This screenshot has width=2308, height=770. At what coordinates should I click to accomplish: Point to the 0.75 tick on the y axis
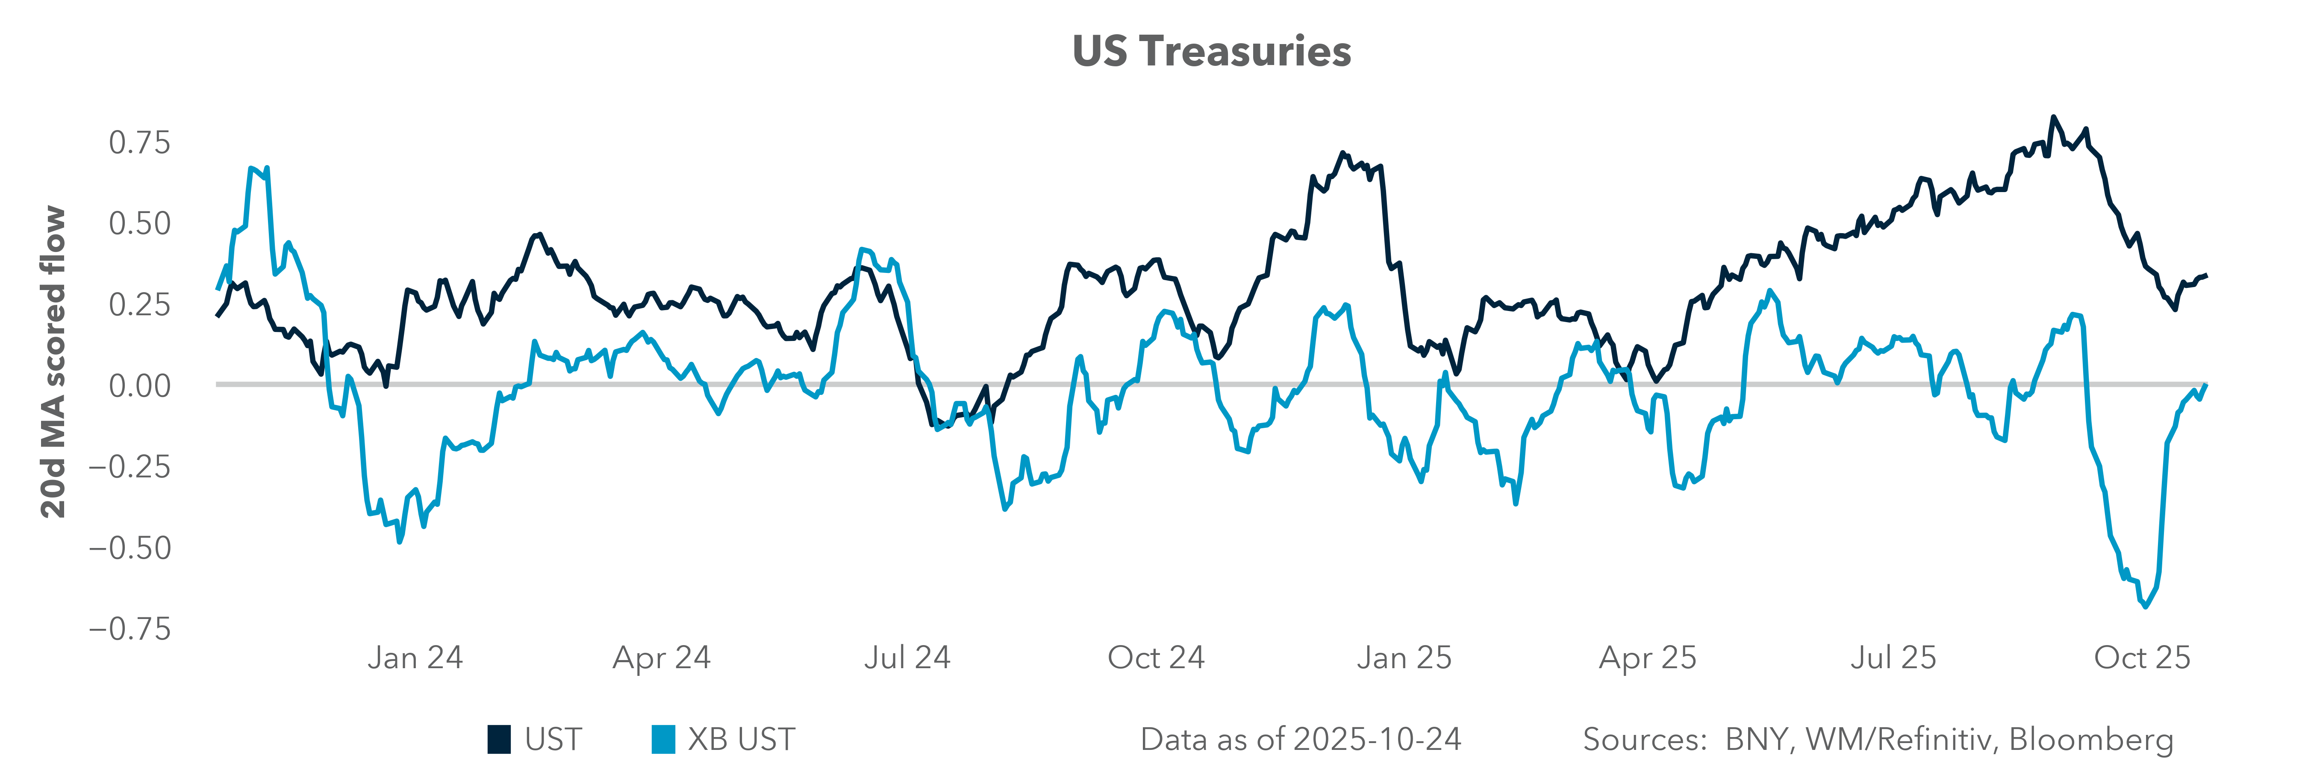[x=139, y=142]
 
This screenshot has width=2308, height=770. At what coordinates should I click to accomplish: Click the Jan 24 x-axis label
[x=415, y=658]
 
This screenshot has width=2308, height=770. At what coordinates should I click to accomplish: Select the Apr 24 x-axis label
[x=661, y=658]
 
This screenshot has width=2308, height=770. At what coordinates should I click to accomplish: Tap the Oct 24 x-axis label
[x=1156, y=658]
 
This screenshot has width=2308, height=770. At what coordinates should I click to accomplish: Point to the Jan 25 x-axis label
[x=1403, y=658]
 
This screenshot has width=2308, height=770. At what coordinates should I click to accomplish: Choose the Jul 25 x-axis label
[x=1893, y=658]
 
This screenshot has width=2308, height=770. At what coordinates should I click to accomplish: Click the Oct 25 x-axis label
[x=2141, y=658]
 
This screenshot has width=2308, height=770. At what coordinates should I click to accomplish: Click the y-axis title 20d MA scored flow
[x=54, y=362]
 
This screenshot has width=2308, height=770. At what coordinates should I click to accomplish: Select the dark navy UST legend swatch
[x=499, y=740]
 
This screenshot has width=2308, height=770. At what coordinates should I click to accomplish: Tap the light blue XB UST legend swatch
[x=663, y=740]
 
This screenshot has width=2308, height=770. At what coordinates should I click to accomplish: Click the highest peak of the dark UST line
[x=2054, y=118]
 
